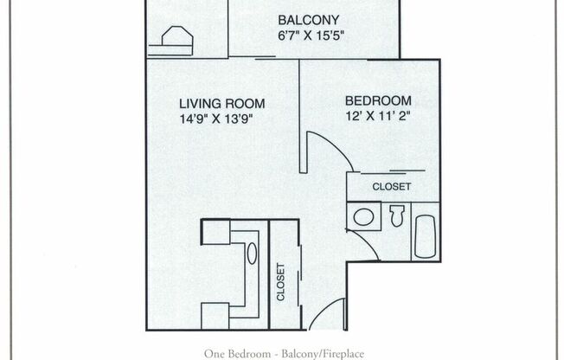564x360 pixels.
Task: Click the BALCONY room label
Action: [309, 20]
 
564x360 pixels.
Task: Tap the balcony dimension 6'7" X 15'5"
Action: [311, 36]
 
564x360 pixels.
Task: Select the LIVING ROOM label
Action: [222, 104]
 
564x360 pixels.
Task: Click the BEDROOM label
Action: [378, 100]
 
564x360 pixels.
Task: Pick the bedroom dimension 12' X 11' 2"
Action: [378, 116]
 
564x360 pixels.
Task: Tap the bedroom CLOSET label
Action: [391, 186]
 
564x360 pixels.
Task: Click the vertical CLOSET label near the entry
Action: [280, 282]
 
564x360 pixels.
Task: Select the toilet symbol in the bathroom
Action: [397, 215]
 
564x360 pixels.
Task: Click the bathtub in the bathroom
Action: [425, 236]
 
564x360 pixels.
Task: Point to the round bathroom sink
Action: [363, 217]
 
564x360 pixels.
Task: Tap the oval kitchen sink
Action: [252, 254]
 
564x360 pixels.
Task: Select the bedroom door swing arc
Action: [336, 145]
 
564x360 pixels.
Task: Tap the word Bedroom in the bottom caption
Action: [250, 354]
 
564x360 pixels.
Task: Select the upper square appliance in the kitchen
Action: [215, 232]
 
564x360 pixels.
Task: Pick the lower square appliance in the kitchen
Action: [215, 316]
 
